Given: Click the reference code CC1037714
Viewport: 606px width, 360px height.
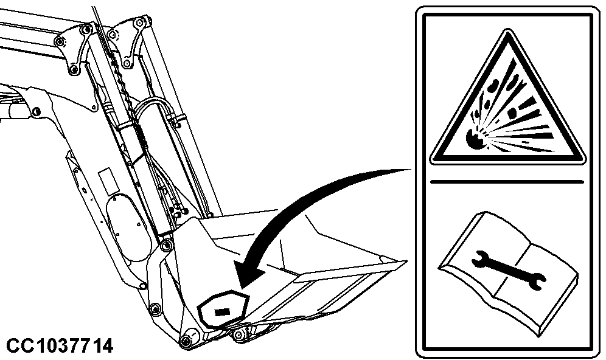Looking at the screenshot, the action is pos(60,345).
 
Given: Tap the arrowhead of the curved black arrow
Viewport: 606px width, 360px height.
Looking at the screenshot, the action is pos(251,272).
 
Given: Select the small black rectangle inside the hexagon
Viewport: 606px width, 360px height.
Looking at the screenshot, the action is pos(222,311).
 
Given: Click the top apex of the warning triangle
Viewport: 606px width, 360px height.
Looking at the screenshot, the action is pos(507,30).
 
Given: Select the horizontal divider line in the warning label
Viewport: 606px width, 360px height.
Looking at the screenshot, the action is pos(507,182).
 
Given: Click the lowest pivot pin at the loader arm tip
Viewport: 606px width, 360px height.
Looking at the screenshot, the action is pos(187,341).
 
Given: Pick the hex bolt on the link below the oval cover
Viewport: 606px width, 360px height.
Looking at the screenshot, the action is pos(155,308).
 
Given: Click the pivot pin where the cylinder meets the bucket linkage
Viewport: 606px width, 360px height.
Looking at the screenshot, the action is pos(167,244).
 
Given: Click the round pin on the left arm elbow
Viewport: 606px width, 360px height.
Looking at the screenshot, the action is pos(37,112).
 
